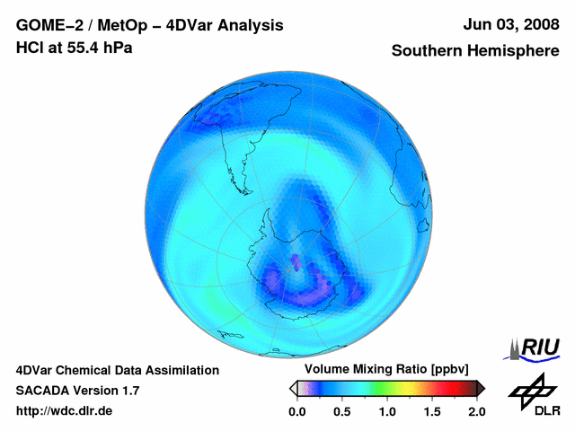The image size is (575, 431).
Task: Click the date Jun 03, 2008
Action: [x=508, y=25]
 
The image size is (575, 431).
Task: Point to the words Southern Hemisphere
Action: [x=474, y=51]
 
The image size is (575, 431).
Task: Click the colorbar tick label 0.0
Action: [x=296, y=411]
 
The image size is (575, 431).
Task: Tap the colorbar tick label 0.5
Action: [x=341, y=411]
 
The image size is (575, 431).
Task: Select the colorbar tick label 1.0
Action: [x=386, y=411]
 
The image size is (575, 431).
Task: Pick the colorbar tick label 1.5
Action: [x=431, y=411]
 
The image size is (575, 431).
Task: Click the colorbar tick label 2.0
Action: [x=476, y=411]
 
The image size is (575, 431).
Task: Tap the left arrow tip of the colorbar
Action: [x=292, y=388]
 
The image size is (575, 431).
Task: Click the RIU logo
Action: [x=535, y=347]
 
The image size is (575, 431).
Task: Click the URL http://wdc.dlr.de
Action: [x=65, y=411]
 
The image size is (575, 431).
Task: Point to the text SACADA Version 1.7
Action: [x=77, y=391]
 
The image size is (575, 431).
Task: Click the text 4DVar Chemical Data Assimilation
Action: [x=117, y=370]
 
